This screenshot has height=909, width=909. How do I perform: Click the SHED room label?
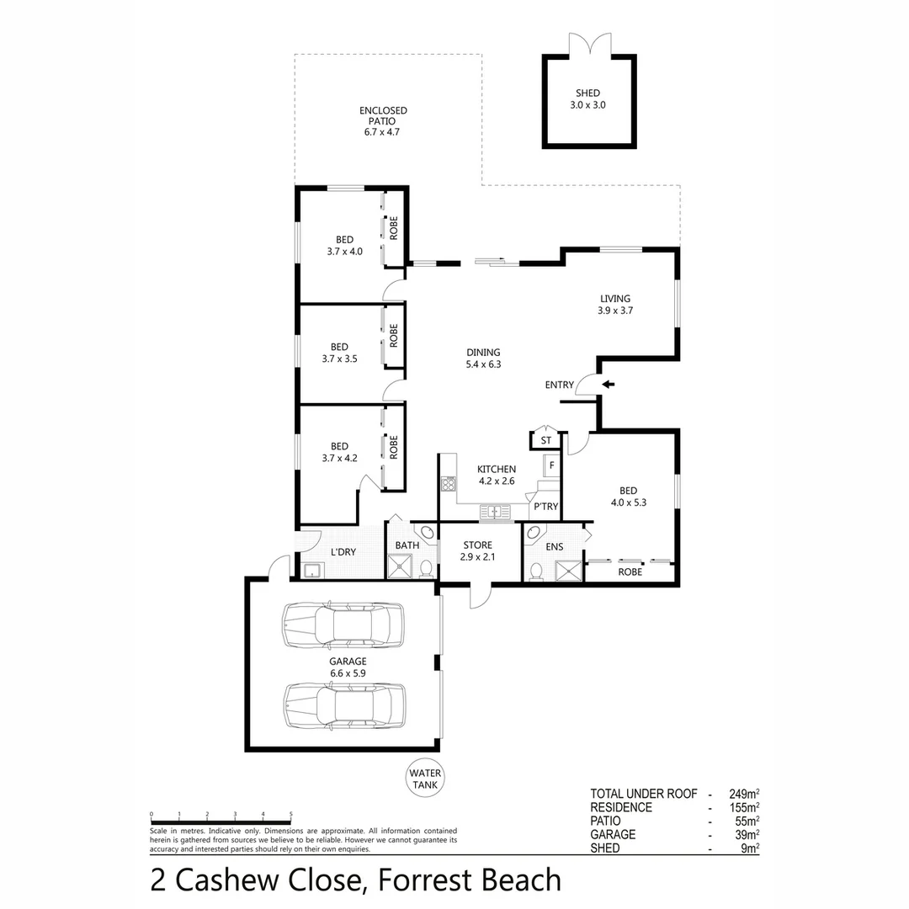click(587, 99)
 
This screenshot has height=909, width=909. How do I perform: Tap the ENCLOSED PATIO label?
click(383, 121)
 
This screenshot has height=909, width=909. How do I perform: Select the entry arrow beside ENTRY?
click(608, 385)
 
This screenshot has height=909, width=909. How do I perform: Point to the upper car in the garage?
click(343, 626)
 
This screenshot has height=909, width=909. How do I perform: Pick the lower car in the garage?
click(344, 703)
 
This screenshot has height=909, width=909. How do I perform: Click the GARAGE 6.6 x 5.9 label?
click(348, 667)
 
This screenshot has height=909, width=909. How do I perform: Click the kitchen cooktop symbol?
click(448, 484)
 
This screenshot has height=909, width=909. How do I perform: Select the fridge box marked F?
click(551, 465)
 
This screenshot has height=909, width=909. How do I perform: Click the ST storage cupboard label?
click(545, 440)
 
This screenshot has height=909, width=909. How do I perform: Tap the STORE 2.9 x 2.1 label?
click(477, 551)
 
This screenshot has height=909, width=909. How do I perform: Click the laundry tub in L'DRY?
click(313, 571)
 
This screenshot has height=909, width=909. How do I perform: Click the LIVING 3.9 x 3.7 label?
click(614, 304)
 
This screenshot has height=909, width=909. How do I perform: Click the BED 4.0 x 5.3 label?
click(628, 497)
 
